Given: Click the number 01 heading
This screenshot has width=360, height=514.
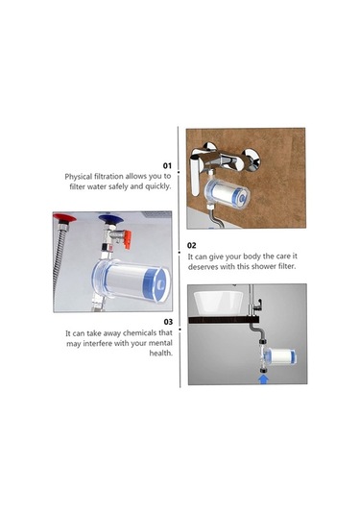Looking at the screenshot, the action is (167, 165).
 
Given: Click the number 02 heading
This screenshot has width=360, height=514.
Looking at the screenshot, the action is (192, 245).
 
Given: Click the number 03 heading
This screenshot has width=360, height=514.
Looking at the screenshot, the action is (168, 322).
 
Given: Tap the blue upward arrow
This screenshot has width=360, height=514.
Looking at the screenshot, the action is (264, 379).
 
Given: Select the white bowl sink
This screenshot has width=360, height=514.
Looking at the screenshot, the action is (218, 303).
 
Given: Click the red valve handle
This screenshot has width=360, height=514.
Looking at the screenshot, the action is (127, 238).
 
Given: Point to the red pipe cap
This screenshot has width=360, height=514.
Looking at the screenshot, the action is (64, 218).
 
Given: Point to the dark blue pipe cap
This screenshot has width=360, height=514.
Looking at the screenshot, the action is (110, 219).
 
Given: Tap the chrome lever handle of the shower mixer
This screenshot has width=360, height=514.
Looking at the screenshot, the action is (196, 173).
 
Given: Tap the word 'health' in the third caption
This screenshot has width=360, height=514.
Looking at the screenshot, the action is (160, 353).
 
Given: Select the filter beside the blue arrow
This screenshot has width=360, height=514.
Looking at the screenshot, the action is (280, 356).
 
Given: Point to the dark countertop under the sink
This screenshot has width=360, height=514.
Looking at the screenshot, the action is (224, 320).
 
